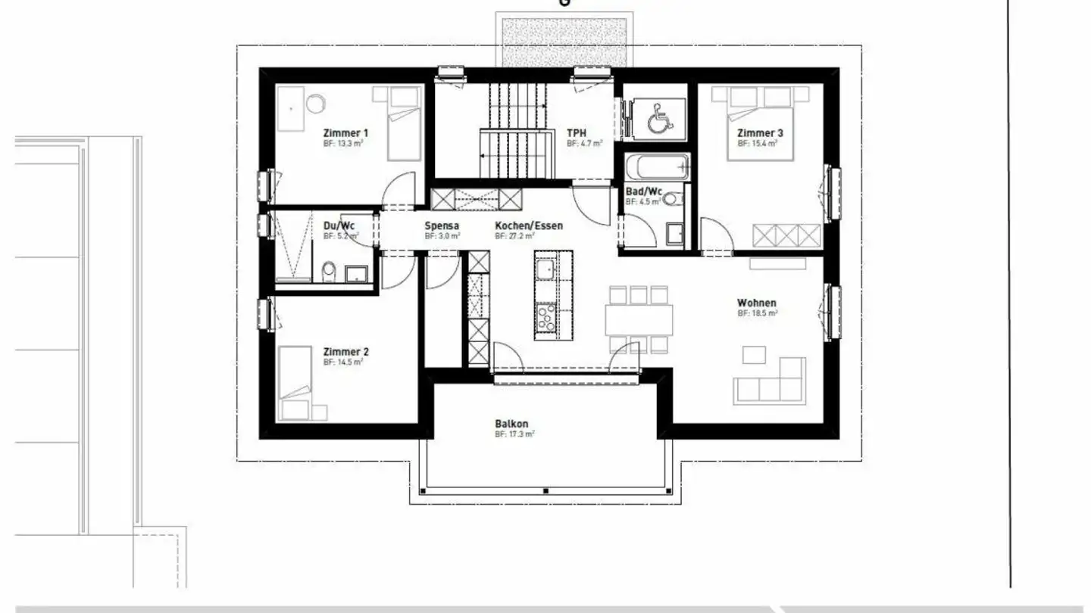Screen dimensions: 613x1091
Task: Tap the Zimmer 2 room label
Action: point(346,352)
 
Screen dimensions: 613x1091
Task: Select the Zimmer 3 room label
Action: point(760,133)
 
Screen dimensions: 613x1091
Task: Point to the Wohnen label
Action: point(757,303)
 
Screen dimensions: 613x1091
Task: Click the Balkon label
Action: point(511,424)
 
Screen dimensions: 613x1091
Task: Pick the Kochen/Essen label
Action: point(529,226)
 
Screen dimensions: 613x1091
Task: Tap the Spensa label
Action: point(442,226)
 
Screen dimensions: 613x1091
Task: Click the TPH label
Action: point(577,132)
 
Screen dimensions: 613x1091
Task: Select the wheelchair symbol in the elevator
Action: point(656,119)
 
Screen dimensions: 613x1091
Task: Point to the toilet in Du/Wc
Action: point(329,270)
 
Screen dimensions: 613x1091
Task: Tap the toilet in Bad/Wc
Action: point(672,200)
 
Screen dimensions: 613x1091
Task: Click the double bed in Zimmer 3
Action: point(759,125)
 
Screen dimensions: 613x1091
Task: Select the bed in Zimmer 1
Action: point(403,123)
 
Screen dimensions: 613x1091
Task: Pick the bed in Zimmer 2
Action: point(295,382)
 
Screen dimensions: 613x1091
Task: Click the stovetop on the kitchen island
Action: point(545,318)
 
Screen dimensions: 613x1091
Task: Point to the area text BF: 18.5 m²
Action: point(758,313)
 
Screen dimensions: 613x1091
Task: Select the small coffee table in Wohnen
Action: point(754,354)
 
